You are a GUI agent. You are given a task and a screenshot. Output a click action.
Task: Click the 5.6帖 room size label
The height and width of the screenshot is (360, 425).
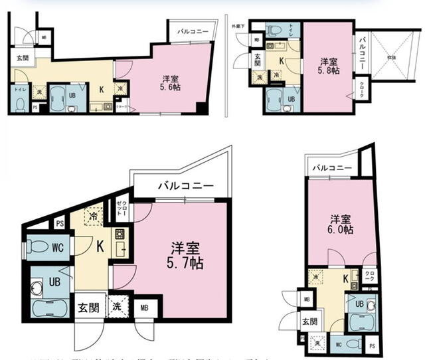(x=168, y=87)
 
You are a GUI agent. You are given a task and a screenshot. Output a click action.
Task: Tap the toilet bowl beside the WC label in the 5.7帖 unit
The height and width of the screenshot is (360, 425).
(x=40, y=248)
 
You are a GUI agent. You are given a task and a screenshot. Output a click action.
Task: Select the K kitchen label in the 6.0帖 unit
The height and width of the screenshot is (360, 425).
(x=346, y=279)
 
